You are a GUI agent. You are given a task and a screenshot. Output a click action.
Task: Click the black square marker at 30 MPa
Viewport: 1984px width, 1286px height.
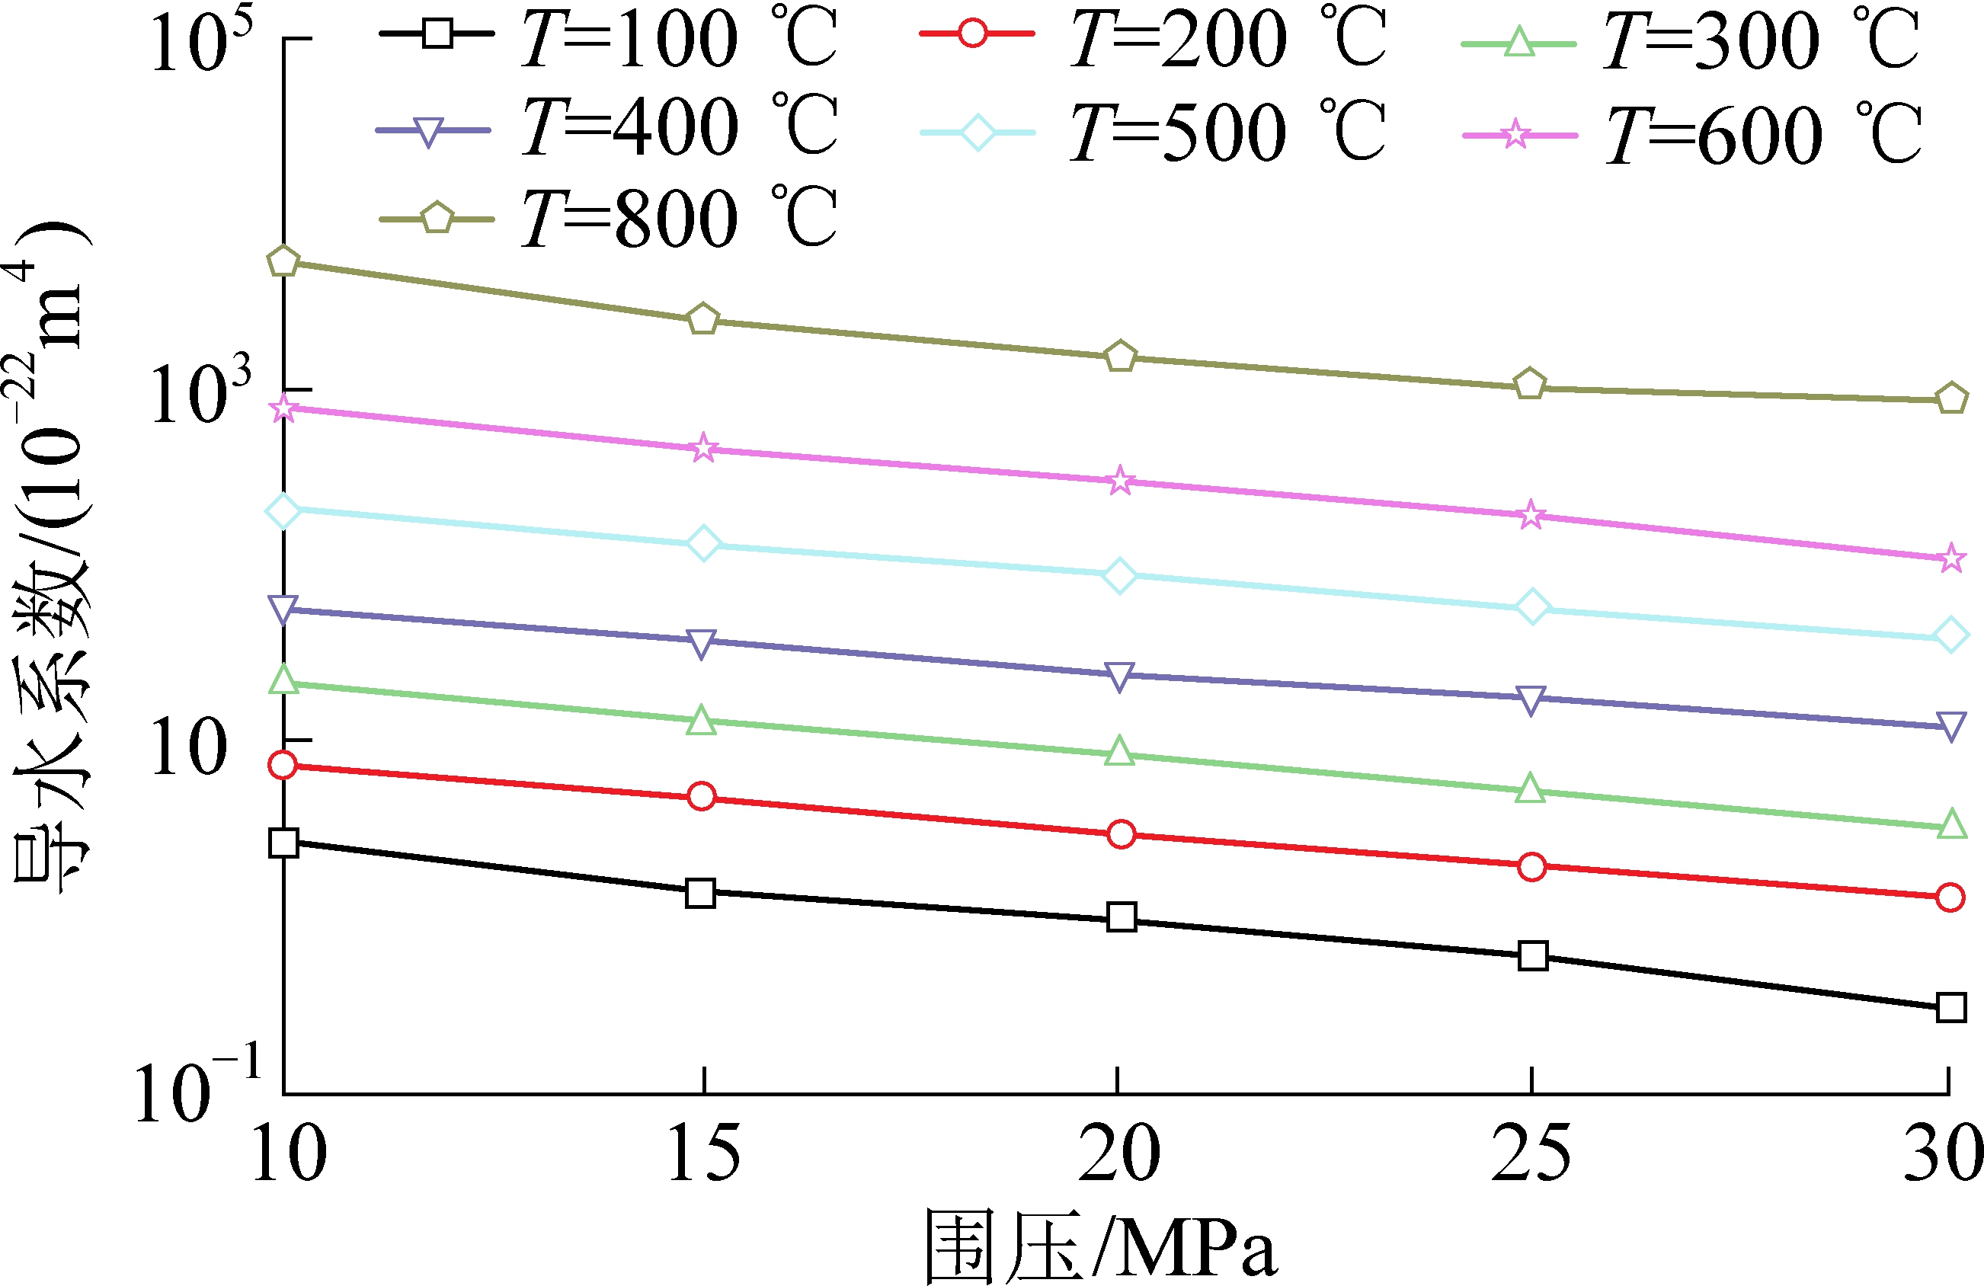(x=1950, y=1008)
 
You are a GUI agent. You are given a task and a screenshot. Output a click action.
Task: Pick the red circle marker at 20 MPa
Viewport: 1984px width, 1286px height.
(x=1122, y=834)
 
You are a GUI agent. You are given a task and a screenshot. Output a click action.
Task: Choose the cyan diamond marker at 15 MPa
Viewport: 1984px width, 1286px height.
(x=703, y=543)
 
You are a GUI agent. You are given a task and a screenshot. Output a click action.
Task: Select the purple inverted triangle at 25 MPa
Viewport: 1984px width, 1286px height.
(x=1531, y=699)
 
